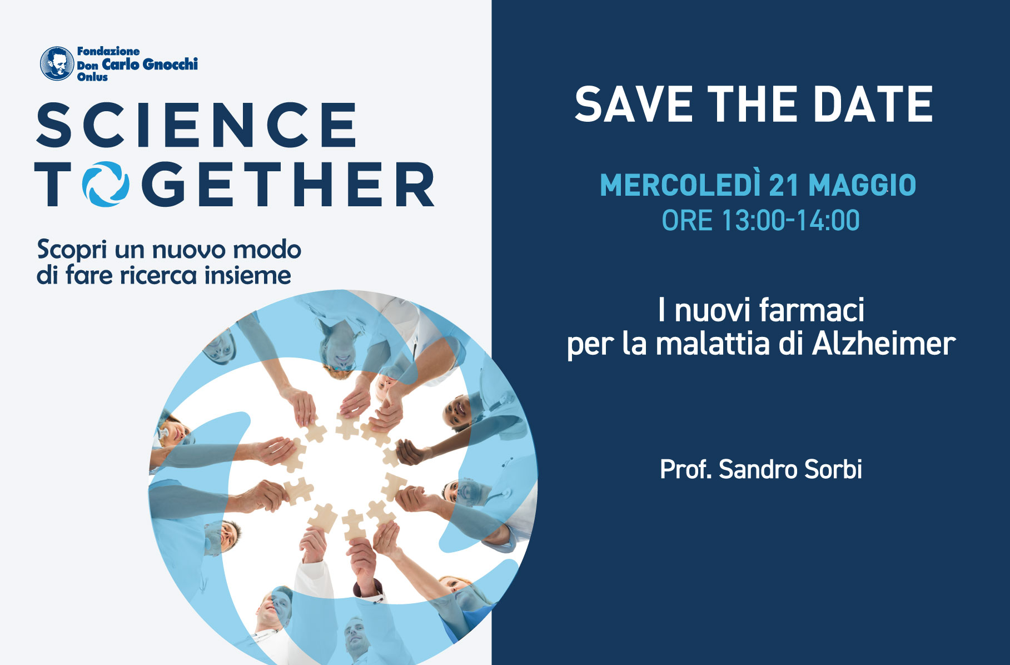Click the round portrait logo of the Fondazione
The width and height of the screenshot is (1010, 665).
[57, 63]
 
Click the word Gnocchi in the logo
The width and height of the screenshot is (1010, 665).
[170, 64]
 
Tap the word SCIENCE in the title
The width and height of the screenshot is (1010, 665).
[196, 125]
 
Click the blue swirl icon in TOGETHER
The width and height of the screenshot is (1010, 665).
[106, 184]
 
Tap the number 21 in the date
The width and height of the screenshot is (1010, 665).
[784, 186]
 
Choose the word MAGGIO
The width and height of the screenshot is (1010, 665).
[862, 186]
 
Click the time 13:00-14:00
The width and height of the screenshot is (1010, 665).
[790, 221]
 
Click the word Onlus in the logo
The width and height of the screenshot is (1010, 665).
[92, 77]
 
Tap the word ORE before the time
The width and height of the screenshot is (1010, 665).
[687, 221]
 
